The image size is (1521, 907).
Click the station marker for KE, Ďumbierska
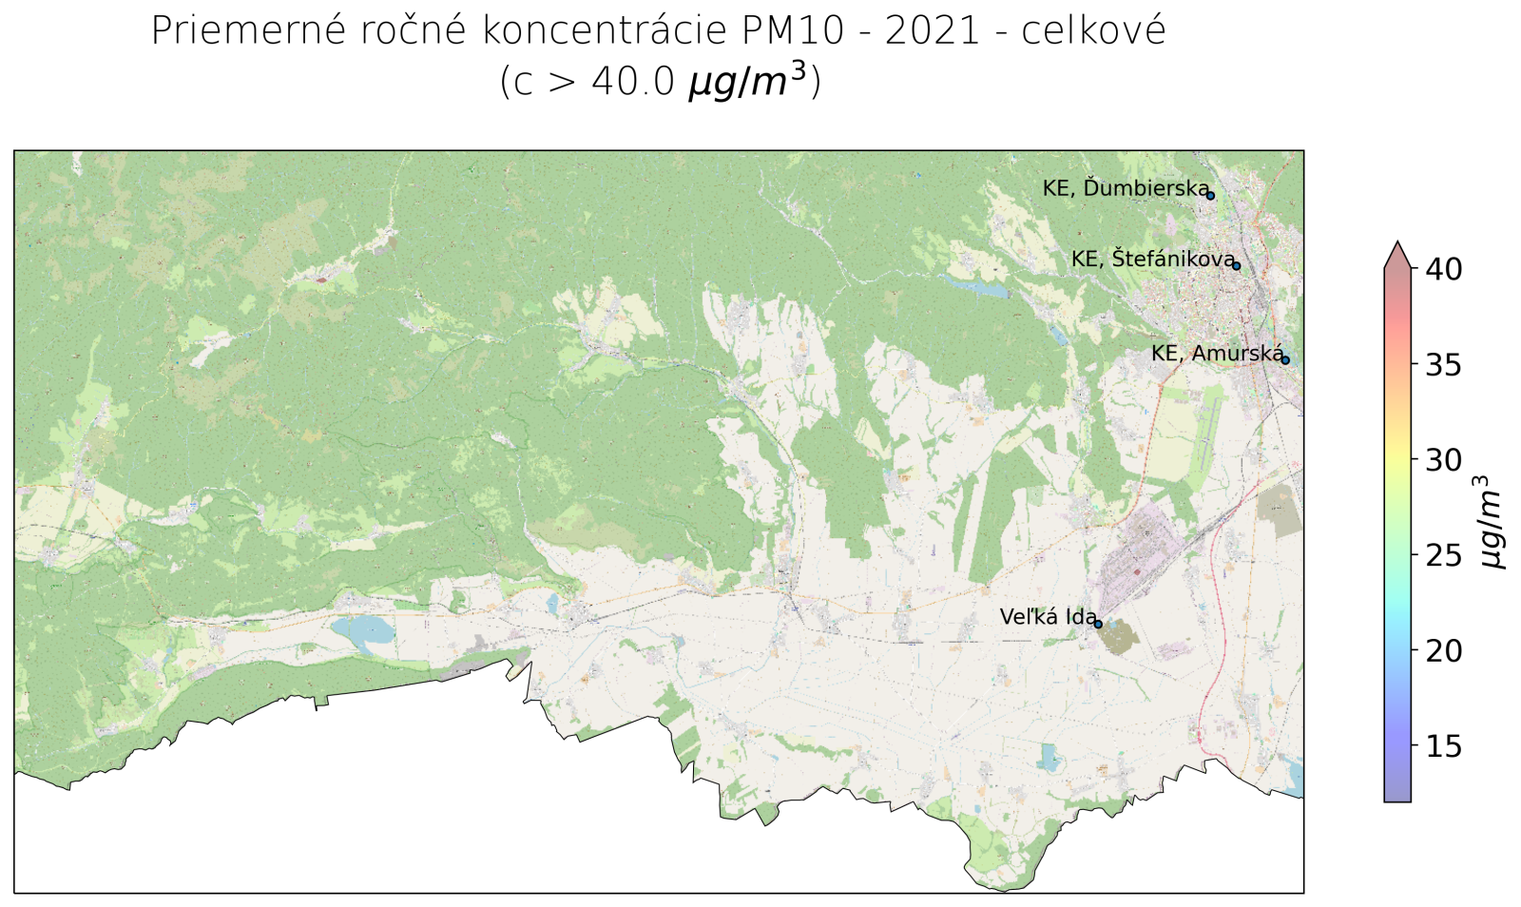(x=1210, y=196)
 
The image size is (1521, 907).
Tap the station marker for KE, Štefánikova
(x=1237, y=265)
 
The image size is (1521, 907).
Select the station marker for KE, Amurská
(x=1285, y=359)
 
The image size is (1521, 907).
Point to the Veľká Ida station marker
(x=1098, y=624)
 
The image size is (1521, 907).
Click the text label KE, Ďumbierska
(x=1125, y=188)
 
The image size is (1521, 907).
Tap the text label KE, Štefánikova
(x=1152, y=259)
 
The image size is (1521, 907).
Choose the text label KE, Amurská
(x=1216, y=354)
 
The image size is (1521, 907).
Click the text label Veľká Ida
(x=1047, y=617)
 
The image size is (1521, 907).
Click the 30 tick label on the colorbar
(x=1443, y=460)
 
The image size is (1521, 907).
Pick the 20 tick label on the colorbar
(x=1443, y=650)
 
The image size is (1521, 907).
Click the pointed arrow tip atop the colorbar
(x=1397, y=244)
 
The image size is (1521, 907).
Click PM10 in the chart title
(x=792, y=31)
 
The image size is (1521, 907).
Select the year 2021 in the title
(x=933, y=31)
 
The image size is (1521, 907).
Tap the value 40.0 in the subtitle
(x=632, y=82)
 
